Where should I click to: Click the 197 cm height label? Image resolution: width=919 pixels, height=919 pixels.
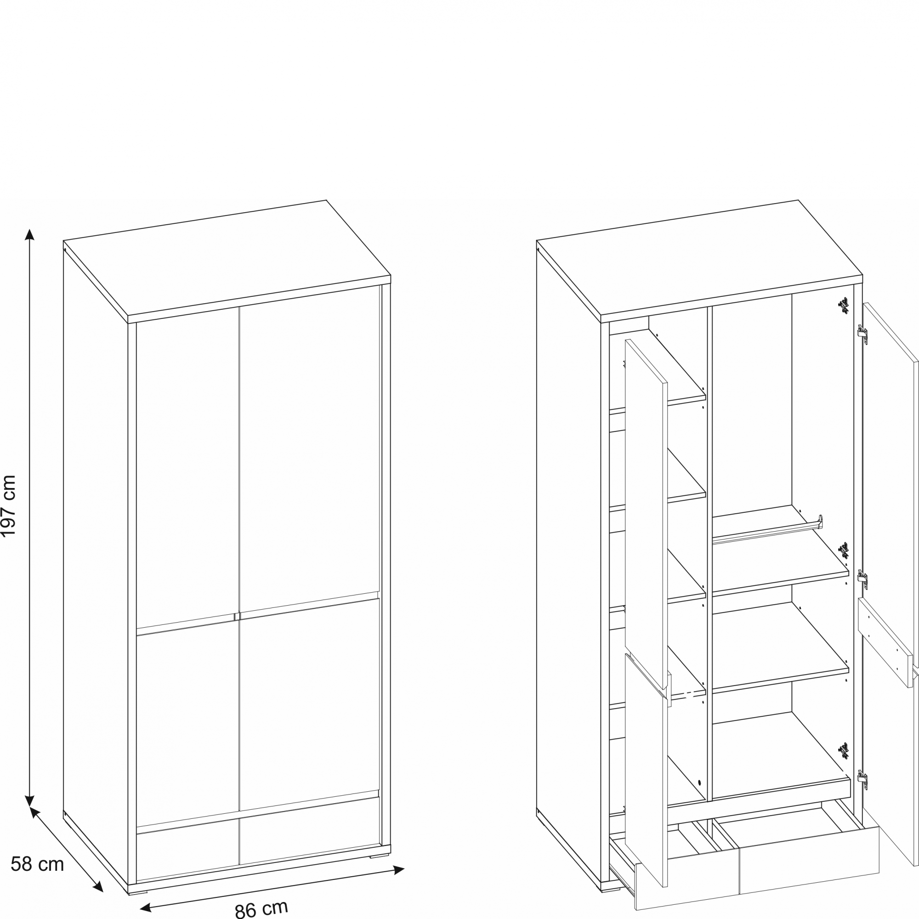[x=9, y=505]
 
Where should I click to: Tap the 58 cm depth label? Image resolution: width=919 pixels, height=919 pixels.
[x=37, y=864]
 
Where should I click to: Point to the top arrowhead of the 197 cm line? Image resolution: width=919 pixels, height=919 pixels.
[x=29, y=234]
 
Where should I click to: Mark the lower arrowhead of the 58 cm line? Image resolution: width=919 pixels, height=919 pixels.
[x=97, y=887]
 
